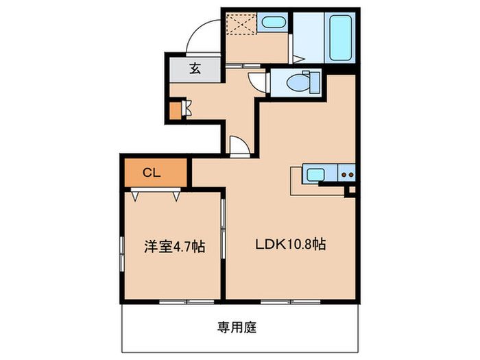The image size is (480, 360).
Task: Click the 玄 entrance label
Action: click(195, 69)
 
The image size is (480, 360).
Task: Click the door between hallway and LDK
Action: click(239, 146)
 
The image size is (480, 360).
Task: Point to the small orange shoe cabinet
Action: click(175, 109)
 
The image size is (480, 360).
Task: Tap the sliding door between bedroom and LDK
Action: click(223, 226)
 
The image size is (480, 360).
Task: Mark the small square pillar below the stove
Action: click(352, 190)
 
